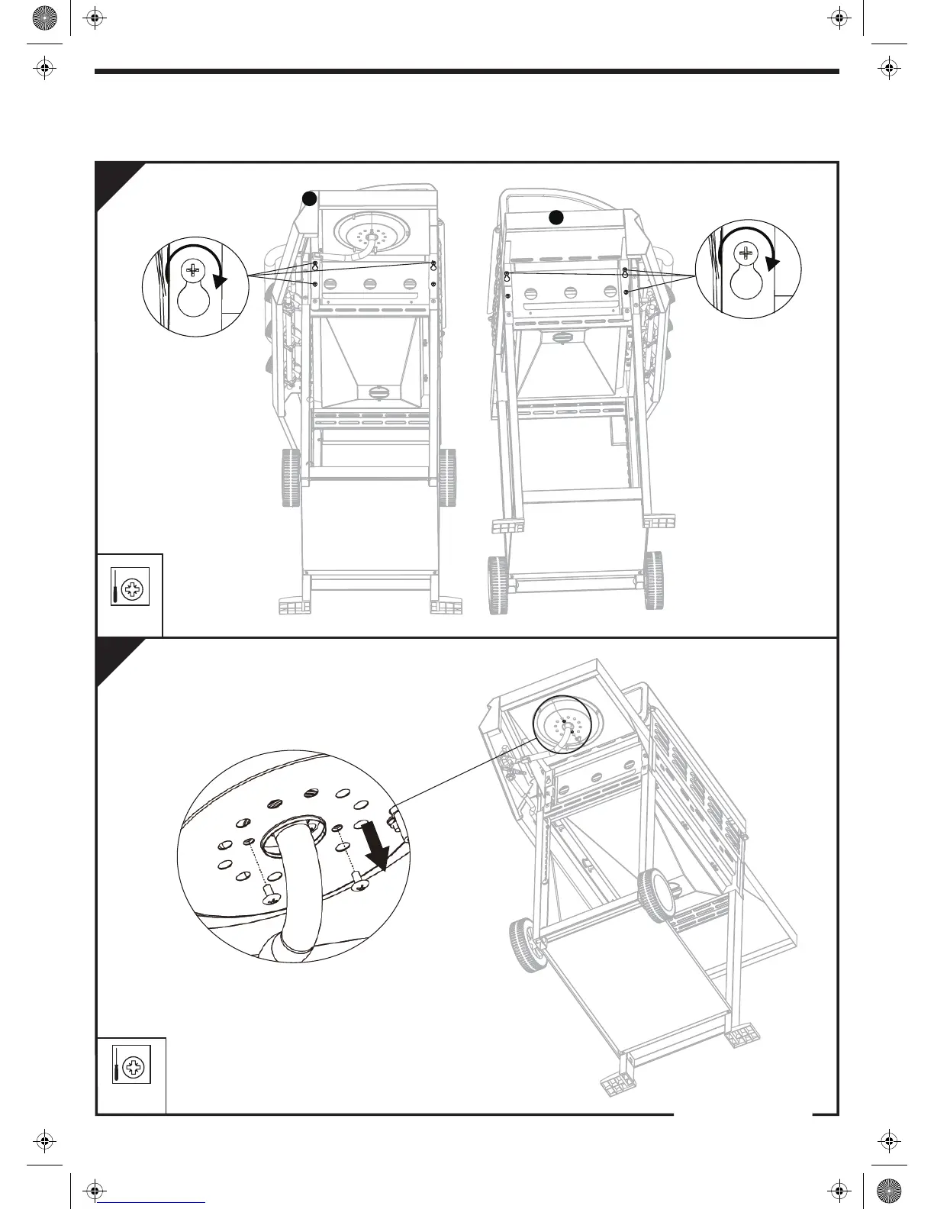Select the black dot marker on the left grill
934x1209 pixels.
pyautogui.click(x=308, y=199)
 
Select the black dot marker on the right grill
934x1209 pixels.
pyautogui.click(x=557, y=217)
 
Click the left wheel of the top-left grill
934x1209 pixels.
pyautogui.click(x=291, y=478)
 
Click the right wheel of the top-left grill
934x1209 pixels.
pyautogui.click(x=447, y=478)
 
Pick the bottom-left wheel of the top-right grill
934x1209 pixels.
pyautogui.click(x=498, y=583)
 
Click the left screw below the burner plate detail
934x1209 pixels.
pyautogui.click(x=271, y=896)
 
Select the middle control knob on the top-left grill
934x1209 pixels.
pyautogui.click(x=369, y=285)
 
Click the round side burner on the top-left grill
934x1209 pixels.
pyautogui.click(x=373, y=231)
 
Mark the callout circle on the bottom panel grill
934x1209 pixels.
pyautogui.click(x=567, y=728)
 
